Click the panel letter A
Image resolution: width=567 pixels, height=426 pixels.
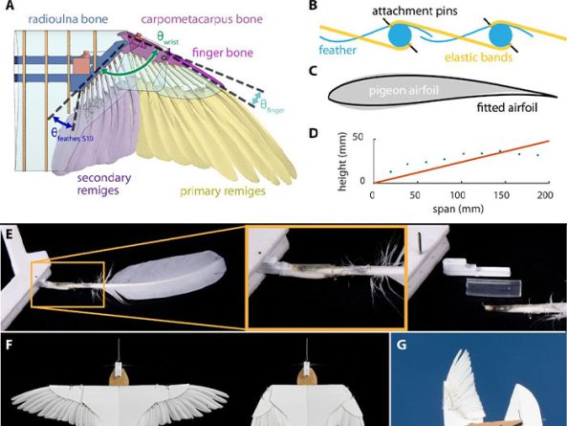pos(10,5)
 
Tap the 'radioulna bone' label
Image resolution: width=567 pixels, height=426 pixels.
pos(68,19)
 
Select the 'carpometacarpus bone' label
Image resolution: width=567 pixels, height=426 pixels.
pos(202,19)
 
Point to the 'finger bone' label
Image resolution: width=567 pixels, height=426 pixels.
pos(223,53)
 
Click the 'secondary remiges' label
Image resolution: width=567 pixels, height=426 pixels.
pos(104,184)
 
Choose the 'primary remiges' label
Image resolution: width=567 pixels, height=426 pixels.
pos(223,191)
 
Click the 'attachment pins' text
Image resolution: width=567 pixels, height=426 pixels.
pos(415,11)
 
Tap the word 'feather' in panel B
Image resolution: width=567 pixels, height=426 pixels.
pos(338,50)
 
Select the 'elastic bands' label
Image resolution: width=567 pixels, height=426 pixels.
pos(478,56)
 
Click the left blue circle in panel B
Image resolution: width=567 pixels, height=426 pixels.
pos(400,35)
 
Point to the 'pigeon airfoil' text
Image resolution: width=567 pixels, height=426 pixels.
pos(403,90)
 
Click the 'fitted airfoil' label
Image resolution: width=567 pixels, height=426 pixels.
pos(507,107)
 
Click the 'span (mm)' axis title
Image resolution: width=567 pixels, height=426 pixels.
pos(458,209)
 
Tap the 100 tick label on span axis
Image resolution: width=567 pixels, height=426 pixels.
pos(457,195)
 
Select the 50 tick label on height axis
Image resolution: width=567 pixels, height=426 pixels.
pos(358,138)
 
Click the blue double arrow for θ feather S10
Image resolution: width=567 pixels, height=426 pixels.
pos(63,123)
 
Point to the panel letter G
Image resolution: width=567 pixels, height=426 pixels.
pos(402,345)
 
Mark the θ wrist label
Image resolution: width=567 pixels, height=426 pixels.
pos(167,37)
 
